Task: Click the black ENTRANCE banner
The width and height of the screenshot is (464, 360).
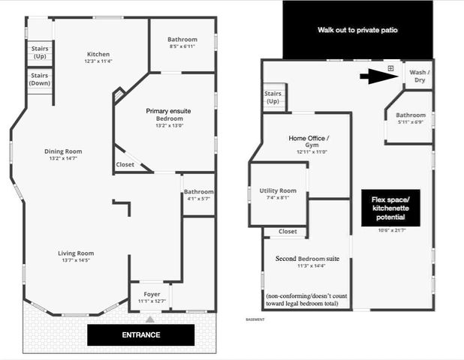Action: tap(141, 335)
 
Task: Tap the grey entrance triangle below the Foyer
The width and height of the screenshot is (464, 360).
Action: tap(150, 319)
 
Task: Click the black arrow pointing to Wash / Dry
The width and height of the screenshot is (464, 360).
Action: tap(378, 76)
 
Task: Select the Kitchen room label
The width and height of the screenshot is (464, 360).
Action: tap(98, 54)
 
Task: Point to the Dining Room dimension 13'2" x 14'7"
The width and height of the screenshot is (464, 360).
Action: tap(63, 158)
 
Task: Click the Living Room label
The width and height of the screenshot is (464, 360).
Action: tap(76, 253)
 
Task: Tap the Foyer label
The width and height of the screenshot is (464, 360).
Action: tap(152, 294)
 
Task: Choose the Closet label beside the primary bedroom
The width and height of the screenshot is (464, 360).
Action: tap(125, 165)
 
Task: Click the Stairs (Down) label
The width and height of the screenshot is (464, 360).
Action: tap(40, 79)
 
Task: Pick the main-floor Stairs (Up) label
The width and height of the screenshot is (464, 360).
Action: tap(40, 52)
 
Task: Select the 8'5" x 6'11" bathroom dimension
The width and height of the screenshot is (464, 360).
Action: tap(182, 46)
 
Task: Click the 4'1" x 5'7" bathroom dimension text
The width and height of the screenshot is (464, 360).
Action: tap(198, 199)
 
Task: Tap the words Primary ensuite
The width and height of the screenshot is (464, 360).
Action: tap(168, 111)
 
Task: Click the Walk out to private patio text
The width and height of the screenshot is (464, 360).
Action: tap(357, 30)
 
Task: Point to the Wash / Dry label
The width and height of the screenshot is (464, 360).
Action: tap(420, 76)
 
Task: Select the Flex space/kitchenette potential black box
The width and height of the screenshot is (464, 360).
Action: tap(390, 208)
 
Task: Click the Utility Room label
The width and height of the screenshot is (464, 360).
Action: tap(278, 190)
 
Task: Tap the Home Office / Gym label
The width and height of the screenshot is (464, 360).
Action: tap(309, 142)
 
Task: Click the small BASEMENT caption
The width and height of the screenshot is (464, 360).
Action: tap(255, 319)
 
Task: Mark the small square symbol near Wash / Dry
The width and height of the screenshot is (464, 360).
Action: tap(390, 68)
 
